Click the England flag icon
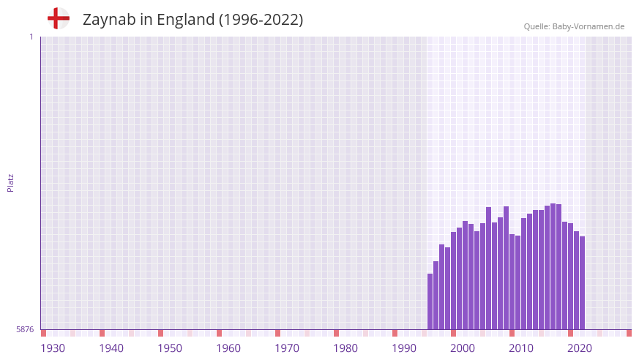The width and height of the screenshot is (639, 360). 59,19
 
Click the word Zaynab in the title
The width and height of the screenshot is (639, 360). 108,20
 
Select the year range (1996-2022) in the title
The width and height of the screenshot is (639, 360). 261,20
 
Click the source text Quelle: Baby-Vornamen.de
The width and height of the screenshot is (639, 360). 574,26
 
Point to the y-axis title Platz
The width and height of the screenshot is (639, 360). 10,183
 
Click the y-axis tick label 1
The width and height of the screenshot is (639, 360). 31,37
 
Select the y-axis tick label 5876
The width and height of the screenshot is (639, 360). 25,329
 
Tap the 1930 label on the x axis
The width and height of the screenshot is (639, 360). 53,348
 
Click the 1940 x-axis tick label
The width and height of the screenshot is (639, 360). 111,348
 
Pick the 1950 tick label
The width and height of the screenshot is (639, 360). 170,348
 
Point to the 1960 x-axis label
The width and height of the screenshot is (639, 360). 228,348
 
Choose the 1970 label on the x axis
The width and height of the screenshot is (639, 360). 287,348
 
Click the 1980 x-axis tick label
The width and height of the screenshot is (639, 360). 345,348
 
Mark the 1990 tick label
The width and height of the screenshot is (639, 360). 404,348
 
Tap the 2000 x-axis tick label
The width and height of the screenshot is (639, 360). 463,348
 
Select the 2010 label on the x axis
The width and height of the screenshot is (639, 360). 521,348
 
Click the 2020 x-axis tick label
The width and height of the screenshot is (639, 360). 580,348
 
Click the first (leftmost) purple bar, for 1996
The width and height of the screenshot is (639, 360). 430,301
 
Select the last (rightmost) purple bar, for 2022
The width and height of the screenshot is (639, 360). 583,282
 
